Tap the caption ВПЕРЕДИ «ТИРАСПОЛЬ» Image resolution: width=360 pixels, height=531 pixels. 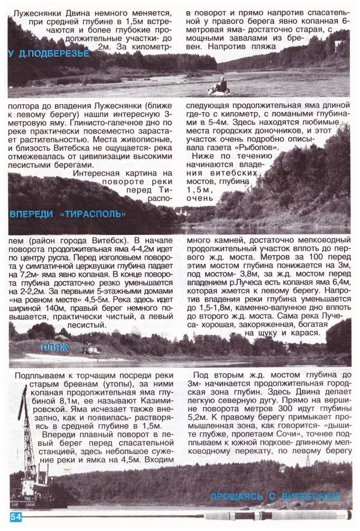click(68, 214)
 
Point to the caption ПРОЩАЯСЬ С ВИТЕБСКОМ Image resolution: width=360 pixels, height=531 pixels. click(274, 497)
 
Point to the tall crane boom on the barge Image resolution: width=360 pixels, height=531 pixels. click(22, 418)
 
